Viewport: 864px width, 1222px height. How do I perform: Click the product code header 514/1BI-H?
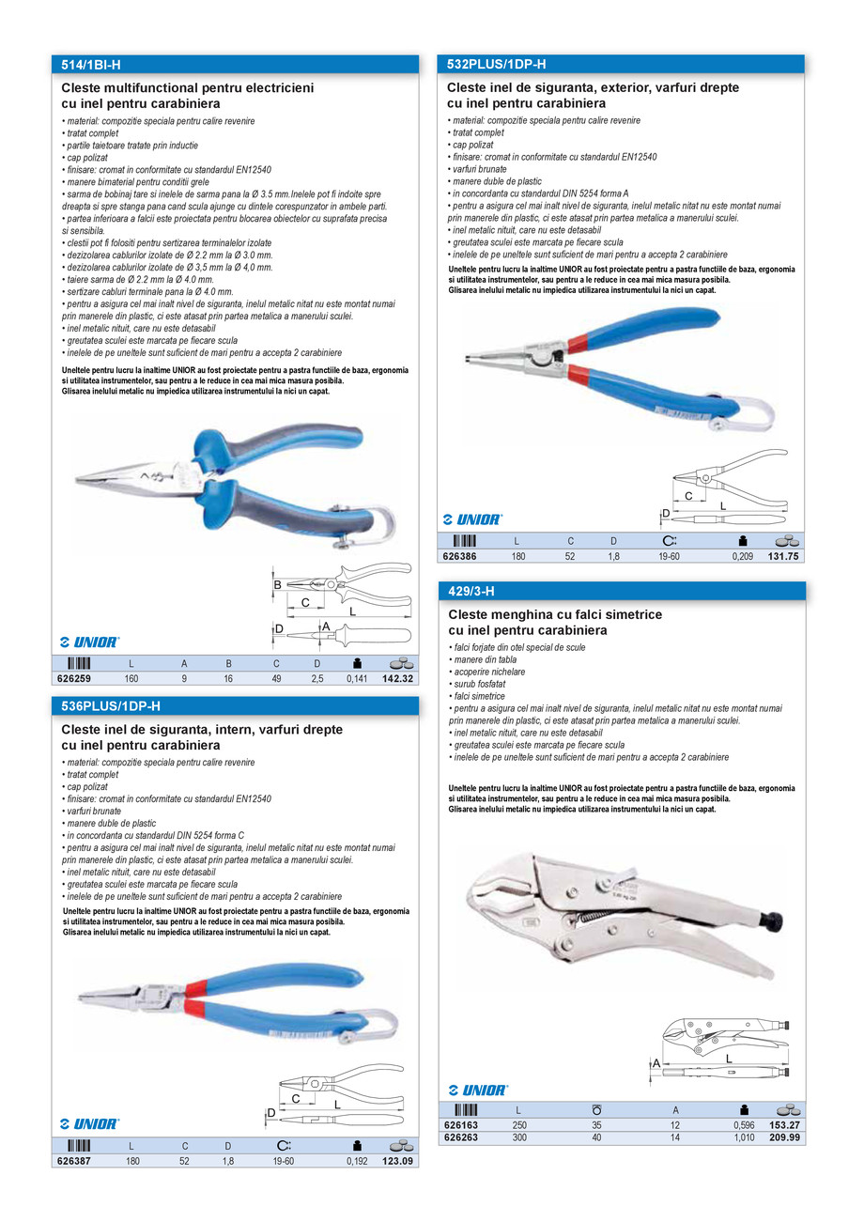tap(91, 65)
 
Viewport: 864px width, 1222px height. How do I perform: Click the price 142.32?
tap(398, 677)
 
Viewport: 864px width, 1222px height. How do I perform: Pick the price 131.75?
tap(783, 556)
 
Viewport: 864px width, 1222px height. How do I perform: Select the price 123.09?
tap(398, 1161)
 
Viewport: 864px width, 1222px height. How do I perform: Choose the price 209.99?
tap(783, 1137)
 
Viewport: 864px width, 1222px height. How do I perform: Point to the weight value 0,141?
tap(356, 677)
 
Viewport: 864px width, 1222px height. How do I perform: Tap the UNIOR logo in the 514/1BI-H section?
tap(89, 642)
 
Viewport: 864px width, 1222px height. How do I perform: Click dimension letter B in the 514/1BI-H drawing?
tap(278, 585)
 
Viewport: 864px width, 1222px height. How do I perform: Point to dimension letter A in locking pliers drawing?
tap(656, 1062)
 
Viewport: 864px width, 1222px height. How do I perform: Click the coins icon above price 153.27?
tap(787, 1109)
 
